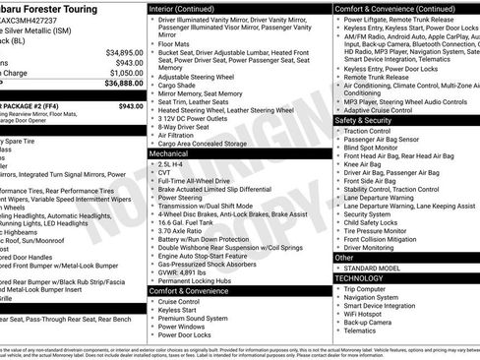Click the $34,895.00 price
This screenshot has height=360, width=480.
[124, 51]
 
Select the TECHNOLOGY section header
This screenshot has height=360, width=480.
[360, 278]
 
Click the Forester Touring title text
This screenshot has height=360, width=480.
[49, 6]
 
